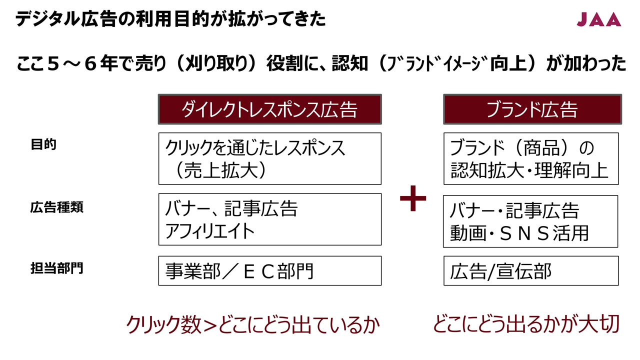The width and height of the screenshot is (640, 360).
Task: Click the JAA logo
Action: point(599,19)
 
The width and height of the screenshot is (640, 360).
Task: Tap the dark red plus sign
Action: point(413,198)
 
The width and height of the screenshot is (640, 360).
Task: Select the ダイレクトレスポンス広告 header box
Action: point(269,109)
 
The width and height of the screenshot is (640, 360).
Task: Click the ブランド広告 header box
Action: point(532,109)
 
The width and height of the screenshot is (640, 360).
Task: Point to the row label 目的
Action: point(43,144)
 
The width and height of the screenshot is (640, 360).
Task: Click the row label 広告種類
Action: point(56,207)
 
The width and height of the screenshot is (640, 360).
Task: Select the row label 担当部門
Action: point(56,268)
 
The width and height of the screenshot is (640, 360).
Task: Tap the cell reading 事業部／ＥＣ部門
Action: point(269,270)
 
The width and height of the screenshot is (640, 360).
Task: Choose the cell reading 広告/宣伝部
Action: point(531,270)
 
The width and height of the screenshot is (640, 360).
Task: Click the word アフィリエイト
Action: point(210,231)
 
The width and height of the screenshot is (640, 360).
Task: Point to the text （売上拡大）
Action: point(221,170)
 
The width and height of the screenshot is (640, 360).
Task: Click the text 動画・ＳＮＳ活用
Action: point(519,233)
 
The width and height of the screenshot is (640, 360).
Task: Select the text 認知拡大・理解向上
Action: point(529,170)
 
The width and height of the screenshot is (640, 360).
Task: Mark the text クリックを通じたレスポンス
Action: point(255,147)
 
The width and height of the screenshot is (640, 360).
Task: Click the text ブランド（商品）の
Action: point(521,147)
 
